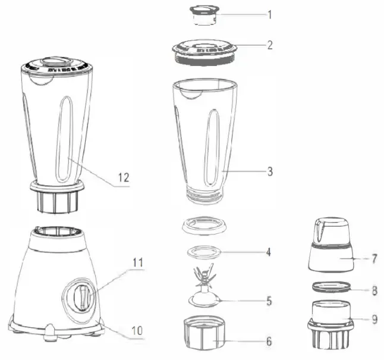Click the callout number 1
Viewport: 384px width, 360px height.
(269, 14)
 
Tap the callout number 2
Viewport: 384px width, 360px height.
(269, 45)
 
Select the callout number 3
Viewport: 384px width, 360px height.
(269, 171)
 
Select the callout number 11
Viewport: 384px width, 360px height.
(138, 261)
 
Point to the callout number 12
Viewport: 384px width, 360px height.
(123, 177)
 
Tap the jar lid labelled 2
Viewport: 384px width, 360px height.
(205, 51)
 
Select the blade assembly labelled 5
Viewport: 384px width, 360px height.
(204, 289)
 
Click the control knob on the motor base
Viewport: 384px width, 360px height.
(84, 295)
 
